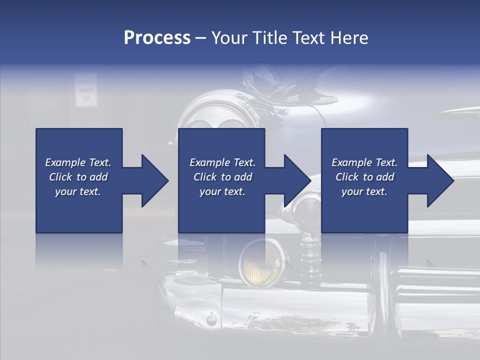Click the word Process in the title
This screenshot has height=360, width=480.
[x=157, y=38]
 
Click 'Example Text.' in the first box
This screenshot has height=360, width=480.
[x=78, y=162]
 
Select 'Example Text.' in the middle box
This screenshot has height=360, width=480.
[x=222, y=162]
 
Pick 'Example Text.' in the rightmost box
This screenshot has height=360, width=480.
[x=364, y=162]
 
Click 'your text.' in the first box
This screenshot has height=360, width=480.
[x=78, y=191]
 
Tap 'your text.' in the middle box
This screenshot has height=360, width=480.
[x=222, y=191]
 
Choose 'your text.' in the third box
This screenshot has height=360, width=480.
[x=364, y=191]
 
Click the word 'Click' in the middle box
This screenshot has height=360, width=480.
[x=204, y=177]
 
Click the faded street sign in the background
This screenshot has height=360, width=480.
[x=85, y=91]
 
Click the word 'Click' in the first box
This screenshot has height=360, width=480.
[x=60, y=177]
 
